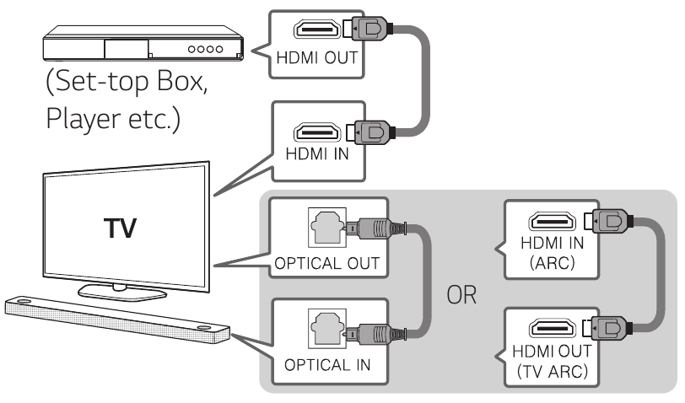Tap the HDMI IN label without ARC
pyautogui.click(x=316, y=158)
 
